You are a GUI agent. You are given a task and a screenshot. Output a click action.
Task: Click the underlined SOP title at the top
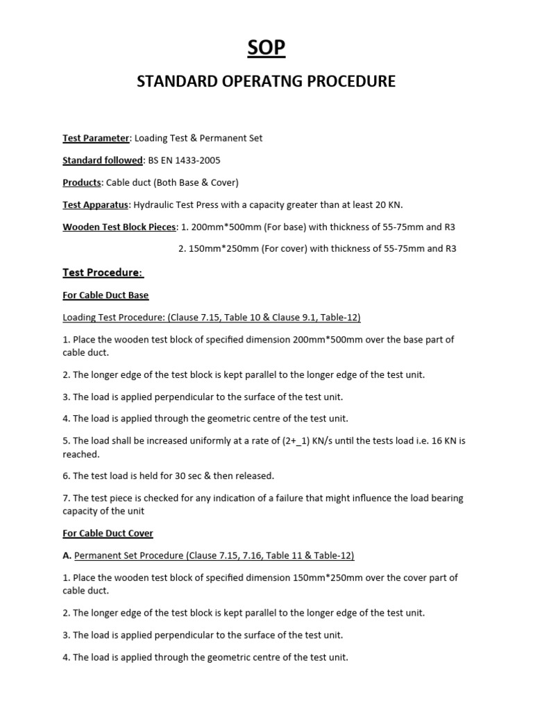[266, 48]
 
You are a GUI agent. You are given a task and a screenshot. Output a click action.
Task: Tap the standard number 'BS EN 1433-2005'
[183, 160]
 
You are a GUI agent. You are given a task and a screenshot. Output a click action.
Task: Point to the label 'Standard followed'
[102, 160]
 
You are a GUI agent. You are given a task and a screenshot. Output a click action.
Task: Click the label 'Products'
[82, 182]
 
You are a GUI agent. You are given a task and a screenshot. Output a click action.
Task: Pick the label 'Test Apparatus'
[95, 205]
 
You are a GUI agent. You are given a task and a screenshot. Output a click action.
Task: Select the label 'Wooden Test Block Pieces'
[119, 227]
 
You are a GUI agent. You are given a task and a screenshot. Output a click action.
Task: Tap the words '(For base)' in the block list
[285, 227]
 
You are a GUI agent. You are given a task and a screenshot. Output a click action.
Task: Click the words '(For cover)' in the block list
[286, 249]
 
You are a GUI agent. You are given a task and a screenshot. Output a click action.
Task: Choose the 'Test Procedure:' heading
[103, 272]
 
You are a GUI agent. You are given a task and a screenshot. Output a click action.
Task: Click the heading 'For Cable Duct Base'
[105, 295]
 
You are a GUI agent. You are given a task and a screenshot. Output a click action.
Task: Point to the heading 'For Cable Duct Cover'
[108, 533]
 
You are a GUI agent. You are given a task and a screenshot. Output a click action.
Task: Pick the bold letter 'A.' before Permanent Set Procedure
[67, 555]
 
